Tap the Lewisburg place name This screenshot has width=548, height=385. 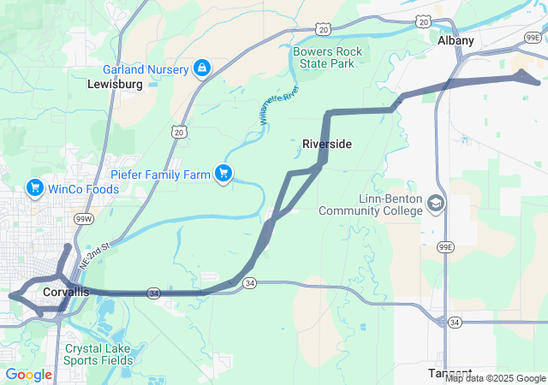point(114,85)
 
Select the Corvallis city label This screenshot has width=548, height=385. point(65,293)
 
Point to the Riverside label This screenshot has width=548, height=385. point(327,145)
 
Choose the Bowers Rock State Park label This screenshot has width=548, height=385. point(328,57)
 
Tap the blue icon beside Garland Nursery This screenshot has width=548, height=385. point(202,68)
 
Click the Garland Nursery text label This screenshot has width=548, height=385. point(146,68)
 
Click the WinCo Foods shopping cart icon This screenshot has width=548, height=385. point(35,187)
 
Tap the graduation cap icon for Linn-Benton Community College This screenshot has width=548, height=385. point(437,203)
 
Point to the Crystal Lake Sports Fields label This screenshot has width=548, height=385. point(98,354)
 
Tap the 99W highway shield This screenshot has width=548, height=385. point(84,220)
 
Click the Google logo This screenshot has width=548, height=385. point(28,374)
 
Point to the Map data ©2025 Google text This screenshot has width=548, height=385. point(495,378)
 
